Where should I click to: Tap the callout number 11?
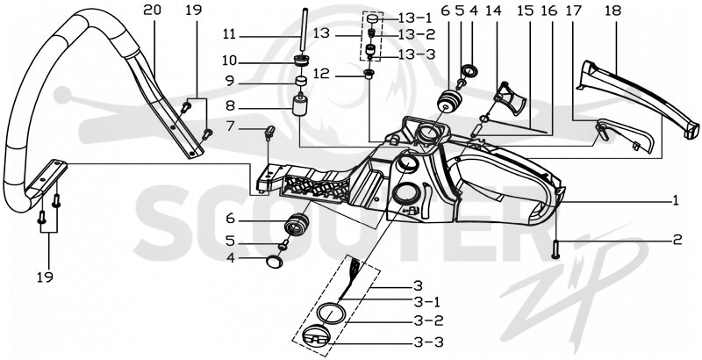click(x=229, y=34)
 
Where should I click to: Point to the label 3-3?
click(x=428, y=343)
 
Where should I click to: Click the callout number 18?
click(x=612, y=11)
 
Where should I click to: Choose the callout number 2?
click(x=677, y=240)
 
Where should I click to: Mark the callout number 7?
click(x=230, y=126)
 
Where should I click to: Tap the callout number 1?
click(x=674, y=200)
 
